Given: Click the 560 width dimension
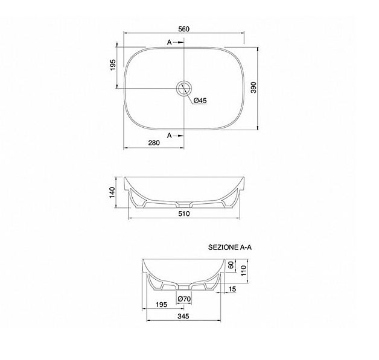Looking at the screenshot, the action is pyautogui.click(x=183, y=29).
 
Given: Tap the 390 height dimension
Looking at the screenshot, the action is pyautogui.click(x=253, y=87).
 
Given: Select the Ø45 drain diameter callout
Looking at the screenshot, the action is pyautogui.click(x=200, y=101).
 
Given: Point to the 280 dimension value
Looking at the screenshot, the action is pyautogui.click(x=154, y=143).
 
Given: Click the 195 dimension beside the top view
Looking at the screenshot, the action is pyautogui.click(x=113, y=65).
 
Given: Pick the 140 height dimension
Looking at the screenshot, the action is pyautogui.click(x=112, y=192).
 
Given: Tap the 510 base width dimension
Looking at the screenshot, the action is pyautogui.click(x=184, y=213).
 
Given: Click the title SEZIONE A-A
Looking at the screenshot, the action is pyautogui.click(x=230, y=247).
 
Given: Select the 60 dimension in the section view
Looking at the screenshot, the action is pyautogui.click(x=231, y=265).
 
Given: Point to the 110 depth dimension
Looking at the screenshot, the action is pyautogui.click(x=243, y=270).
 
